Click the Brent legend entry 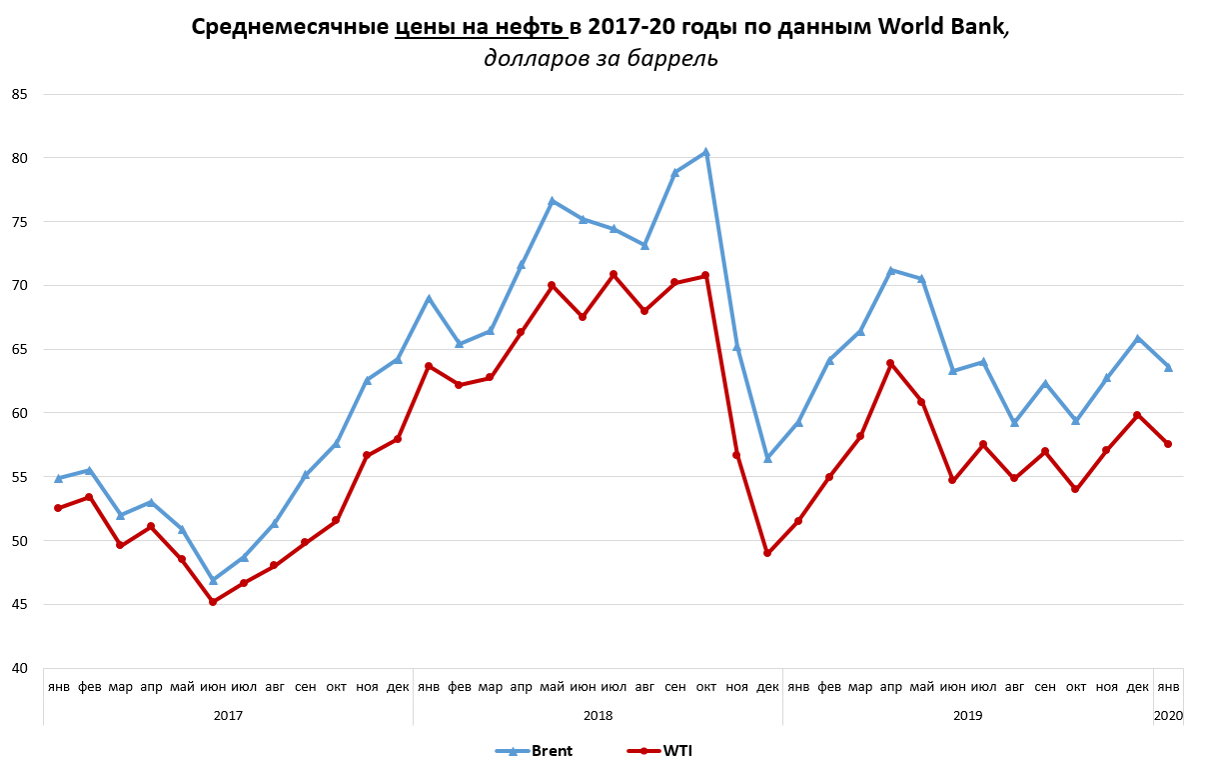point(535,751)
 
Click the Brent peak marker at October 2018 point(705,153)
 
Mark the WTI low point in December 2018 point(767,553)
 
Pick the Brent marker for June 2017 point(213,580)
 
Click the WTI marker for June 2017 point(213,602)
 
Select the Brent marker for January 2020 point(1168,367)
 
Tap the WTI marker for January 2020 point(1168,444)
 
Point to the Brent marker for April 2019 point(890,270)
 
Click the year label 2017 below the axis point(228,716)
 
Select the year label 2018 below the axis point(598,716)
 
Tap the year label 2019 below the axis point(967,716)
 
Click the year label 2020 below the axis point(1168,716)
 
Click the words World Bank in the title point(941,28)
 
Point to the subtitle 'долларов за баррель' point(601,59)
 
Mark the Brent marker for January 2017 point(59,478)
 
